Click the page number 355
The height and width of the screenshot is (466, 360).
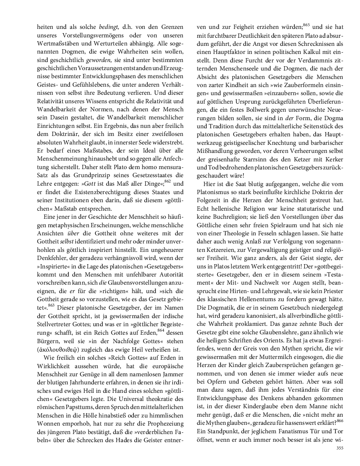[x=340, y=448]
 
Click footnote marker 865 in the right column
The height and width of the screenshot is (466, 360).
[x=306, y=25]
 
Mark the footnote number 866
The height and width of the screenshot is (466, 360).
[x=340, y=419]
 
